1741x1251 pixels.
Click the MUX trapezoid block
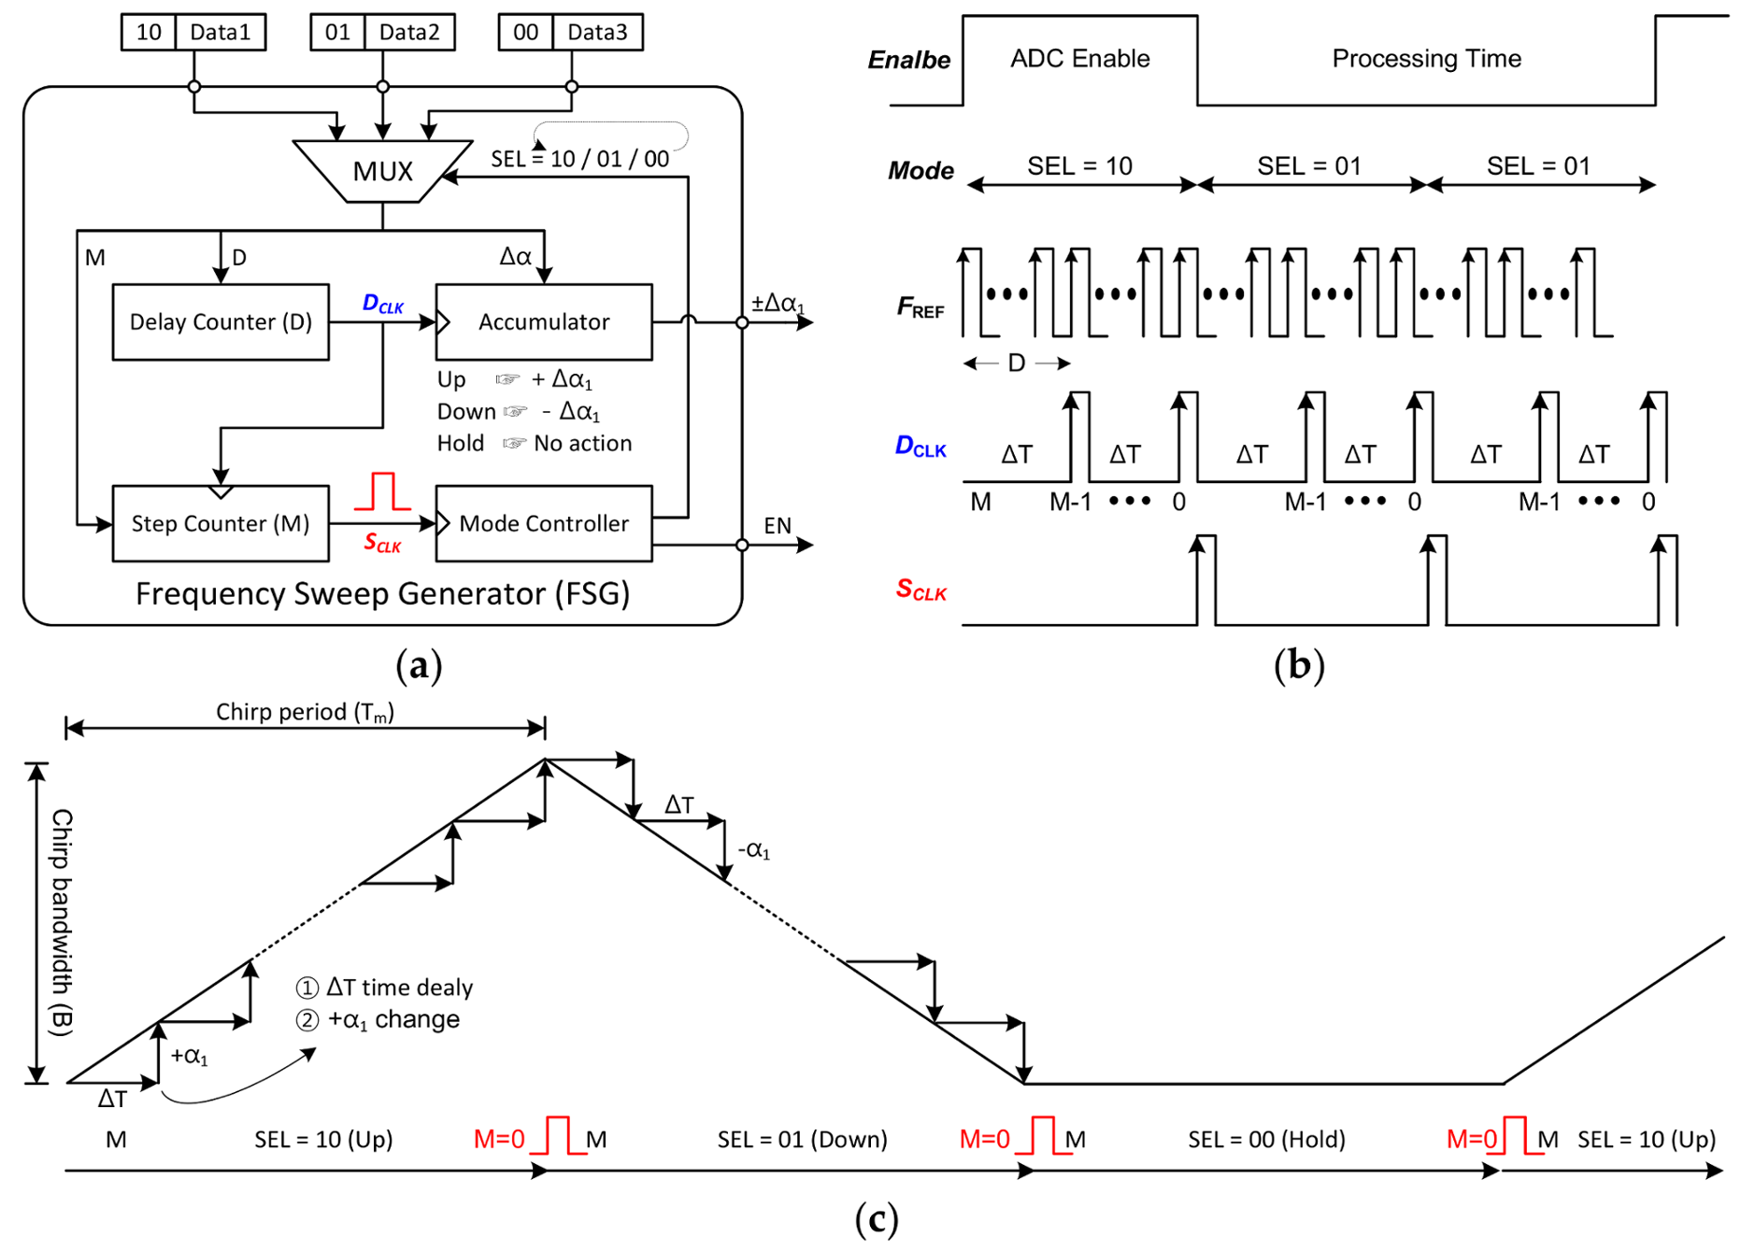click(x=382, y=171)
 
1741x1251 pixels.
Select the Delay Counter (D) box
click(x=221, y=322)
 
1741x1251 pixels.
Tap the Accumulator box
click(x=544, y=322)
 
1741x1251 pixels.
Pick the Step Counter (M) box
click(x=221, y=523)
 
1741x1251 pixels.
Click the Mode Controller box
click(x=544, y=523)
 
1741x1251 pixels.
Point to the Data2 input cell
click(x=408, y=33)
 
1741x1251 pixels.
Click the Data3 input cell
click(x=597, y=33)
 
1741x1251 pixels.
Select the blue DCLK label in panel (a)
click(x=382, y=304)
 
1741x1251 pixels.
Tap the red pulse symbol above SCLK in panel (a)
click(x=382, y=492)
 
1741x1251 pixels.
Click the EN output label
click(x=777, y=526)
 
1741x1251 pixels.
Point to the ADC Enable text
click(x=1079, y=59)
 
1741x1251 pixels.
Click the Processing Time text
click(x=1426, y=59)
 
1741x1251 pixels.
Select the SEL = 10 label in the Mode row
click(x=1079, y=166)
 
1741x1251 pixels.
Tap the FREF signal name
click(x=920, y=307)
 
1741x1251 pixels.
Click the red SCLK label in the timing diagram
click(x=920, y=590)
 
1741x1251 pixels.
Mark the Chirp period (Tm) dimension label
click(x=305, y=713)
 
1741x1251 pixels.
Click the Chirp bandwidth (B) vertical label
click(x=62, y=922)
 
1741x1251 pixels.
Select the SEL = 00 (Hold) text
click(x=1266, y=1140)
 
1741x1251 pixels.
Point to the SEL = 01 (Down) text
click(x=802, y=1140)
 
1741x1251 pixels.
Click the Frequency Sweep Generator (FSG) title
click(x=382, y=594)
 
